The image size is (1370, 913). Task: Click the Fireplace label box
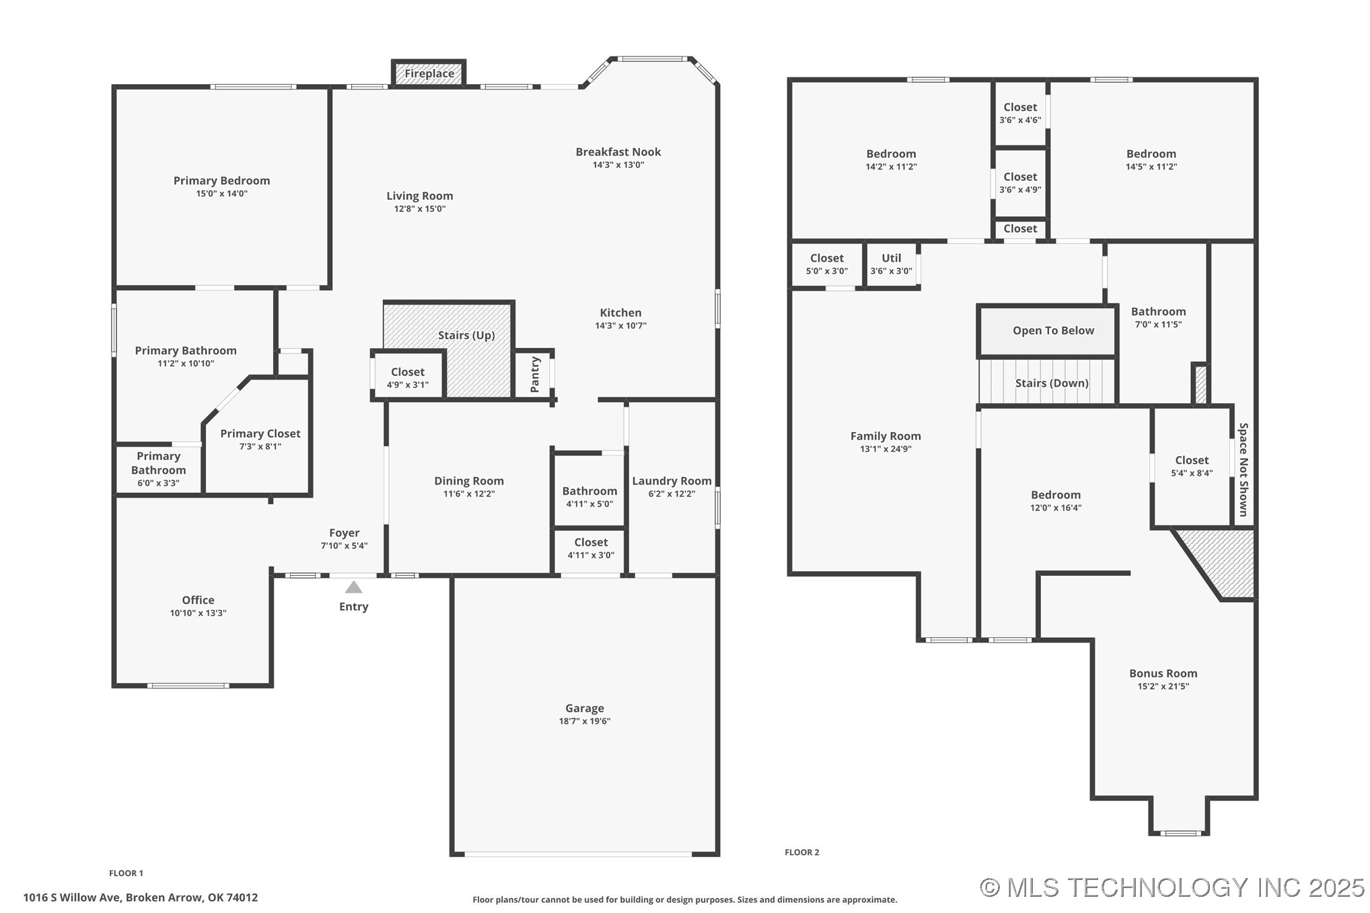coord(429,73)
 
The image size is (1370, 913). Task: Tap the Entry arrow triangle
coord(354,587)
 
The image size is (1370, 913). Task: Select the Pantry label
coord(535,374)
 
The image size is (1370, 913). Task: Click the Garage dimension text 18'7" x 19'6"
coord(584,721)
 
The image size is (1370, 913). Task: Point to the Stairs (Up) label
coord(466,335)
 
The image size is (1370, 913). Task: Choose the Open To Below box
coord(1053,330)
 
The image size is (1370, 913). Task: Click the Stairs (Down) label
coord(1052,383)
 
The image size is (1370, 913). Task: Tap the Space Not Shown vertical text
coord(1243,469)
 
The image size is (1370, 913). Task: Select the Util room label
coord(891,258)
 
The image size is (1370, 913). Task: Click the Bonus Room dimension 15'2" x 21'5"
coord(1163,686)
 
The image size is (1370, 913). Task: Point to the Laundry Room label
coord(672,480)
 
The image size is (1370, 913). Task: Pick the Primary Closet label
coord(260,433)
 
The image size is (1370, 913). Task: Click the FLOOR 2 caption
coord(801,852)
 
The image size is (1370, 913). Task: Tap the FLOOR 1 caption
coord(126,873)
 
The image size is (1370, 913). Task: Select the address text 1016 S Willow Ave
coord(140,897)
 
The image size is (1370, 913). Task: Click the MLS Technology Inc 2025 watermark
coord(1171,887)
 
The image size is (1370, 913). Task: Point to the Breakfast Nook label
coord(618,152)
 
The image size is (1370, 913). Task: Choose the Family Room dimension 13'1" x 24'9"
coord(886,449)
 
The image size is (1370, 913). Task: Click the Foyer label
coord(344,533)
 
